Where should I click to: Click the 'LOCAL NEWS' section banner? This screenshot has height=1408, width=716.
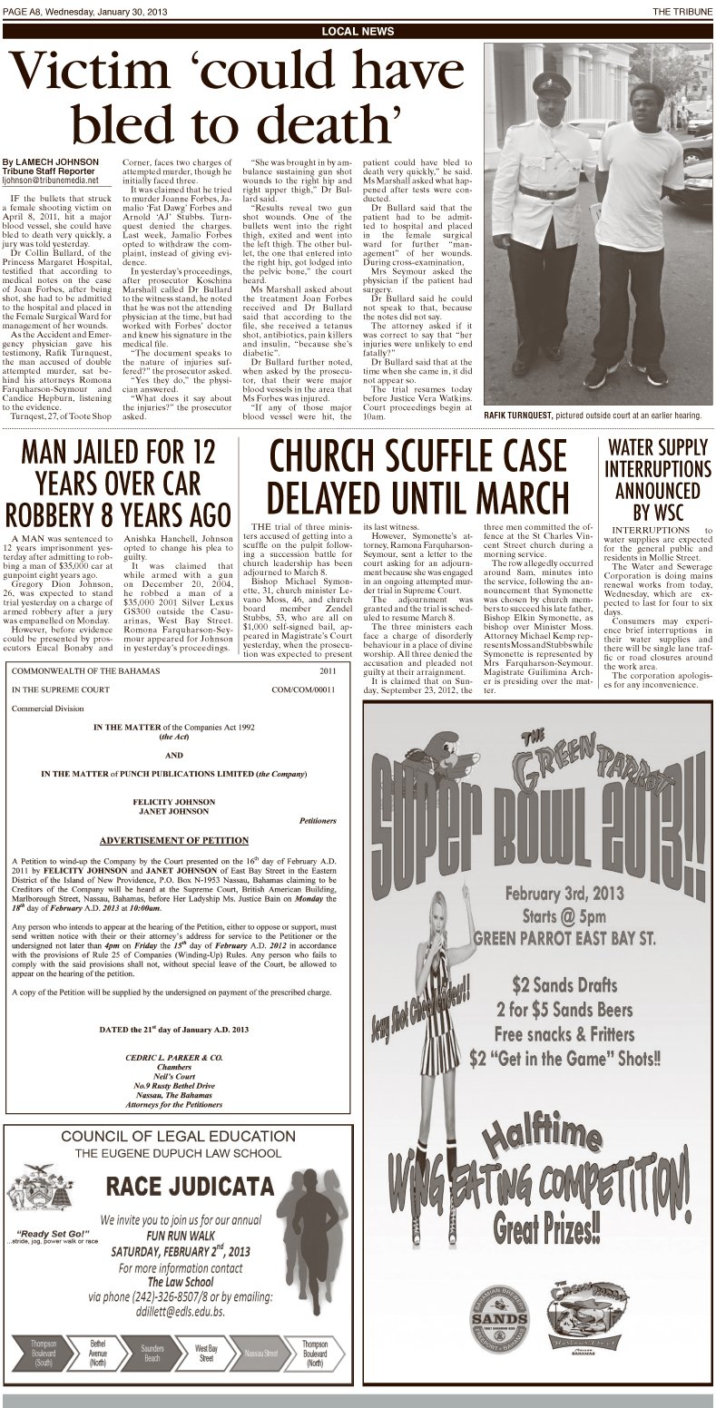tap(358, 31)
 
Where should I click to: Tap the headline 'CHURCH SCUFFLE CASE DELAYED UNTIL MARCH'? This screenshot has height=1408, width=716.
tap(417, 476)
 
